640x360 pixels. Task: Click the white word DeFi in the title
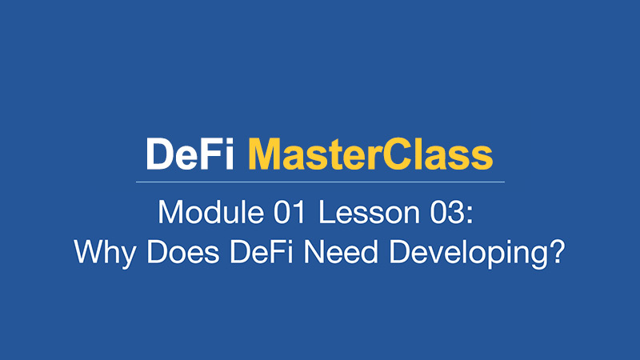[x=190, y=154]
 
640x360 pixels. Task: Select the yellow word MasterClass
[x=370, y=154]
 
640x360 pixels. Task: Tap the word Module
[x=210, y=212]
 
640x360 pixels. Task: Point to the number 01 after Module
[x=290, y=213]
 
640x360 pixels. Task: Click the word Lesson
[x=369, y=213]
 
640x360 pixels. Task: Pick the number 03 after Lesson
[x=446, y=213]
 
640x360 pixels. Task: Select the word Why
[x=105, y=253]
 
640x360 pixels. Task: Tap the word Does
[x=183, y=252]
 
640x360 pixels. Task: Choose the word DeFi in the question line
[x=262, y=252]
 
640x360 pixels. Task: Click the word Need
[x=341, y=252]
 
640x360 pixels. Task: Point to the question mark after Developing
[x=556, y=251]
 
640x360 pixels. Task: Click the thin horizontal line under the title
[x=321, y=182]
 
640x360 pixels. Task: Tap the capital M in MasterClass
[x=265, y=154]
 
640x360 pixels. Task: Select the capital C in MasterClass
[x=397, y=154]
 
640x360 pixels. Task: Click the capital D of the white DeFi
[x=160, y=154]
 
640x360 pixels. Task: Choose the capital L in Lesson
[x=326, y=212]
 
